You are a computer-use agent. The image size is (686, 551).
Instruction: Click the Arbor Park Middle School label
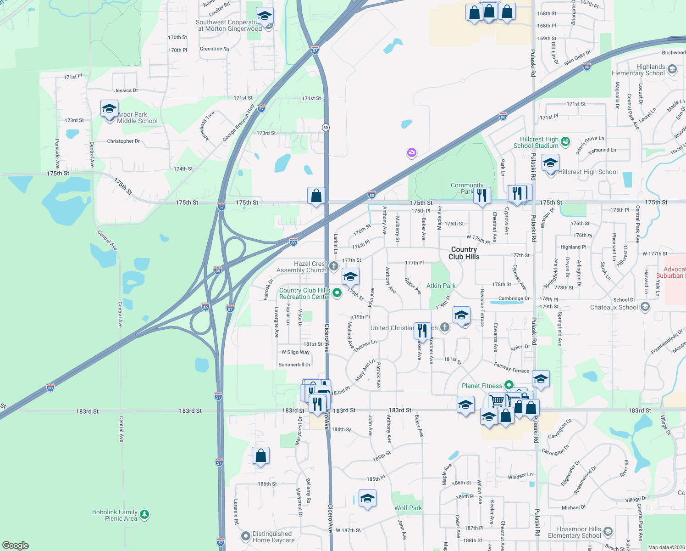pos(137,118)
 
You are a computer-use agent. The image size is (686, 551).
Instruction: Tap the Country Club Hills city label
pos(464,253)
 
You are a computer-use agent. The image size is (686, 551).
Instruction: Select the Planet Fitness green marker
pos(509,385)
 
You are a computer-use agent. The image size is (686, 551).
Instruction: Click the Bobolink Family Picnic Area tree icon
pos(144,515)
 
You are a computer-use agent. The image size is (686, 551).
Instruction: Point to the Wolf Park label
pos(408,508)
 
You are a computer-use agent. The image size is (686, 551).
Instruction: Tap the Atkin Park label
pos(441,286)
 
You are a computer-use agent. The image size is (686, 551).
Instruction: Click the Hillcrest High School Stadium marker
pos(565,141)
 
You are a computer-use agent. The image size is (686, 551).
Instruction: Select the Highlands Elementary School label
pos(638,70)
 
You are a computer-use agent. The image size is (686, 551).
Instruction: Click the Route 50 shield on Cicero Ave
pos(326,127)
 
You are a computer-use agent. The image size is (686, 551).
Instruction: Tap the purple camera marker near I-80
pos(411,152)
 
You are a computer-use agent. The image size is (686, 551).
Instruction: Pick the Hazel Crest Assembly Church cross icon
pos(334,266)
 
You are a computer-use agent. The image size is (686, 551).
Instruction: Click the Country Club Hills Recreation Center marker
pos(337,292)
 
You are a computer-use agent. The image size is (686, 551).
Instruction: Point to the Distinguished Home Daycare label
pos(273,537)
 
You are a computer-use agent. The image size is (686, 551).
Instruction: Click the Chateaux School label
pos(614,307)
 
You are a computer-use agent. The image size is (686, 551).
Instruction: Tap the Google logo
pos(16,545)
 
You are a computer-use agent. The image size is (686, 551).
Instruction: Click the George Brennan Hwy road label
pos(238,123)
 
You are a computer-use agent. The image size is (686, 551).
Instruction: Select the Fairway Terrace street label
pos(511,367)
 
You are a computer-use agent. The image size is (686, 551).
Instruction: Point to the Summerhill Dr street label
pos(294,365)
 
